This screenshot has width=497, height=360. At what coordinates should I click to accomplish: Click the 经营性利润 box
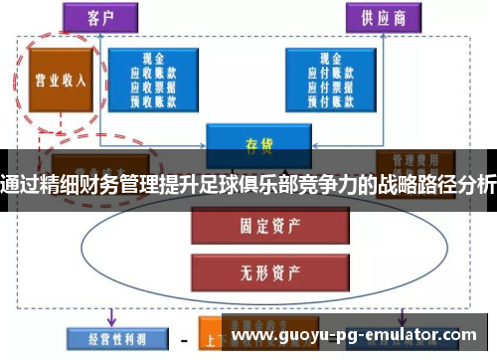[108, 338]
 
